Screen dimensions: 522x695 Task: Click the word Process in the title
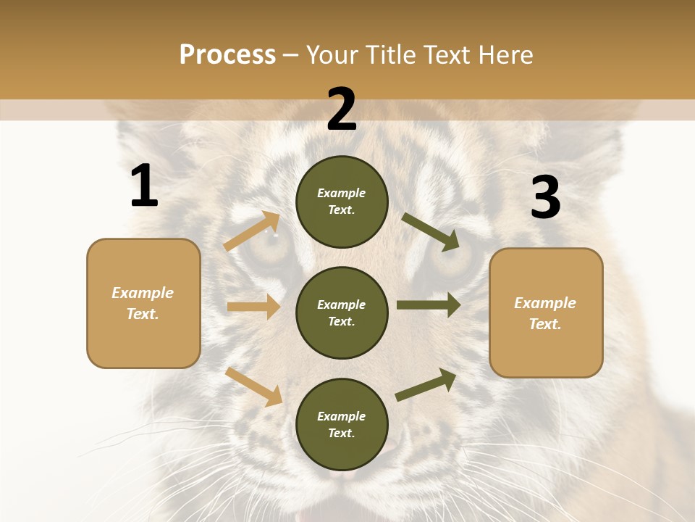(227, 54)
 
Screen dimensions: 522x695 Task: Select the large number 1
(144, 186)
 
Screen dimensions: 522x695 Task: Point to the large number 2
(342, 109)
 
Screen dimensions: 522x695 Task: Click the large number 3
(545, 197)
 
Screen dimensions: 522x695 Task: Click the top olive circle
(342, 202)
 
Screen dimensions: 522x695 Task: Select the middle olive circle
(342, 312)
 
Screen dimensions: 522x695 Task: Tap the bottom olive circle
(342, 424)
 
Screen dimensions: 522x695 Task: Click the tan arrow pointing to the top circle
(251, 231)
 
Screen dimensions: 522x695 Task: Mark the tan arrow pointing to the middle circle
(253, 307)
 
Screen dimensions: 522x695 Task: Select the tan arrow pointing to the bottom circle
(253, 386)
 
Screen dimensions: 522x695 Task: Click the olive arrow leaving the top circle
(431, 231)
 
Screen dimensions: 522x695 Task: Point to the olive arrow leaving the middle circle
(429, 305)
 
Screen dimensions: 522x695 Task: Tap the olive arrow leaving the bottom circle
(426, 385)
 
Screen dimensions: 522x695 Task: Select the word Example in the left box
(143, 293)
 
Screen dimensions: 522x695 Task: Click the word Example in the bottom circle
(341, 416)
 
